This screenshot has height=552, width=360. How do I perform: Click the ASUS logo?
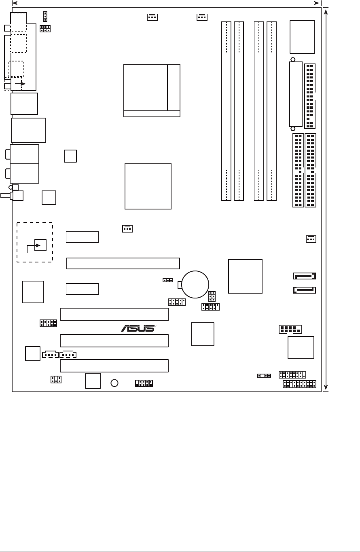click(138, 328)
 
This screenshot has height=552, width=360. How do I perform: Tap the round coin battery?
click(195, 284)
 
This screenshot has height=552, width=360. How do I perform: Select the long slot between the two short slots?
click(123, 263)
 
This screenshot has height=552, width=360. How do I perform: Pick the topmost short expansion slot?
click(83, 237)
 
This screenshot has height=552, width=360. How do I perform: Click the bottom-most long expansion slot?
click(114, 366)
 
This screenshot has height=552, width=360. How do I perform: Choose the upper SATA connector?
click(304, 276)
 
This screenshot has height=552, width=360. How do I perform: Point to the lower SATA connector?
click(304, 290)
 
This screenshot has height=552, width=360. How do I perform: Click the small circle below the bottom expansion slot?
click(114, 383)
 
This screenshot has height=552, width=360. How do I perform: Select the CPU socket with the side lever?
click(152, 91)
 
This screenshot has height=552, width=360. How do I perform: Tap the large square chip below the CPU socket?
click(148, 186)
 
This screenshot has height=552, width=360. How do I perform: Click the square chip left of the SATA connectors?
click(245, 276)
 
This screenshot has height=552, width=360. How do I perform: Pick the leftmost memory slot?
click(226, 111)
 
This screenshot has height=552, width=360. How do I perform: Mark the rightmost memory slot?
click(271, 111)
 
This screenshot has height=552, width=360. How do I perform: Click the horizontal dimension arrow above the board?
click(166, 3)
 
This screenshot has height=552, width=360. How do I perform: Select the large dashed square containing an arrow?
click(35, 242)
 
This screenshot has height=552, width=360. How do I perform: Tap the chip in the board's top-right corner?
click(302, 37)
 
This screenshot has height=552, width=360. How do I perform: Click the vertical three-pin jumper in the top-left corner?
click(45, 17)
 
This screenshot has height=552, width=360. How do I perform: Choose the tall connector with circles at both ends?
click(296, 95)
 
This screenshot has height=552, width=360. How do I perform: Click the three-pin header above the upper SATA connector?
click(311, 239)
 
